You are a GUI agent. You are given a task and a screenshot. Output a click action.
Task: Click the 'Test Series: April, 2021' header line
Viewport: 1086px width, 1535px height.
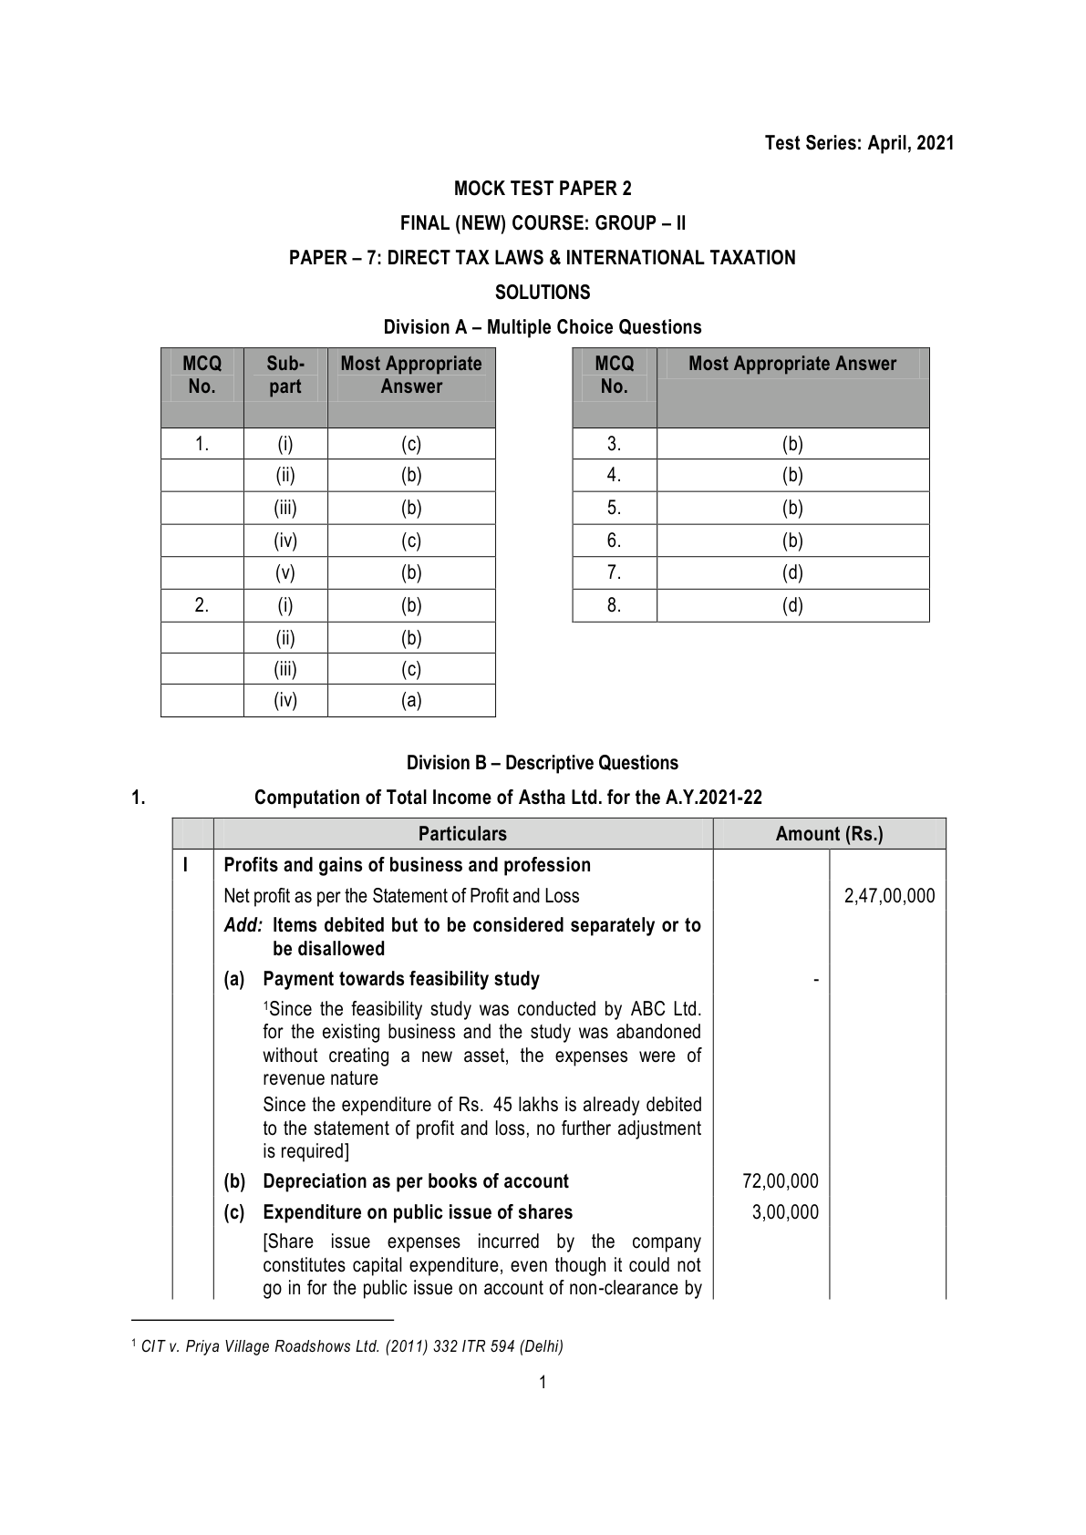[x=859, y=143]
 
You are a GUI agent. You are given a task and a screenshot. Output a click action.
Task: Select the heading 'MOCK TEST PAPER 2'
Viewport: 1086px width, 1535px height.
[x=543, y=189]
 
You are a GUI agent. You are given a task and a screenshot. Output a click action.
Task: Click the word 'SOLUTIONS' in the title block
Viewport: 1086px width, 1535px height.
[x=543, y=293]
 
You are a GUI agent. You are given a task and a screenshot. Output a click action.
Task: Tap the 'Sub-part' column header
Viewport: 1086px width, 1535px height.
[x=285, y=375]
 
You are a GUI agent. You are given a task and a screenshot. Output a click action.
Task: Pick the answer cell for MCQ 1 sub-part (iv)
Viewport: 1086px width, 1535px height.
[x=411, y=541]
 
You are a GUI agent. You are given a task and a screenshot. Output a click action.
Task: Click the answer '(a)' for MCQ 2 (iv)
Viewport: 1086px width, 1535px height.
[x=411, y=700]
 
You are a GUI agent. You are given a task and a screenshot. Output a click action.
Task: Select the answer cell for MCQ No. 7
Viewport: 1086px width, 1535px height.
[x=792, y=572]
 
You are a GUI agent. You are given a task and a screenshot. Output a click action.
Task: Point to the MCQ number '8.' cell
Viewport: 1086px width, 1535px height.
[x=615, y=605]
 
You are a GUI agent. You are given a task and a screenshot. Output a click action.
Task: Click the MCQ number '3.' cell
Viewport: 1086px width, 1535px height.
[x=615, y=444]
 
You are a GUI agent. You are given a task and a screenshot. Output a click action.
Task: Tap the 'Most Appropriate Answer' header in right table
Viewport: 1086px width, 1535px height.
[x=792, y=364]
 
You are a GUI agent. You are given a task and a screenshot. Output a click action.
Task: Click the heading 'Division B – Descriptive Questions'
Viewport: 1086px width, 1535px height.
[x=543, y=763]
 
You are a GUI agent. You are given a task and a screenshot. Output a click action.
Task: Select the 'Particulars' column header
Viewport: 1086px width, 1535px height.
[x=462, y=834]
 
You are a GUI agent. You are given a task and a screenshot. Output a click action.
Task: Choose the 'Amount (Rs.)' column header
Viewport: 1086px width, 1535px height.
[x=829, y=834]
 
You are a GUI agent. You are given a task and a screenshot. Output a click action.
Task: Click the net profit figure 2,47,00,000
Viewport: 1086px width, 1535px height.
[x=889, y=896]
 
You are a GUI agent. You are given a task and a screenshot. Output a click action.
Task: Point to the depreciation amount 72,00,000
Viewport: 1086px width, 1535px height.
[x=781, y=1181]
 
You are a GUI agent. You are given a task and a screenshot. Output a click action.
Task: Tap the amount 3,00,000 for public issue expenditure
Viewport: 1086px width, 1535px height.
[x=786, y=1212]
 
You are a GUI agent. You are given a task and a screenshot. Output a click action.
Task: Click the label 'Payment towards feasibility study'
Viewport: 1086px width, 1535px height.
[x=401, y=979]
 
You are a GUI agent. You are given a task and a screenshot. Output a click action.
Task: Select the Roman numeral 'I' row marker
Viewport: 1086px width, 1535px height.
[x=186, y=865]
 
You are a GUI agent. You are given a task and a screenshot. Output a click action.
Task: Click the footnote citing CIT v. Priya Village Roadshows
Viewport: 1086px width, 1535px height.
[x=352, y=1346]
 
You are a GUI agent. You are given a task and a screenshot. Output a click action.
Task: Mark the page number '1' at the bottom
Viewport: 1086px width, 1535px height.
[x=543, y=1383]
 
